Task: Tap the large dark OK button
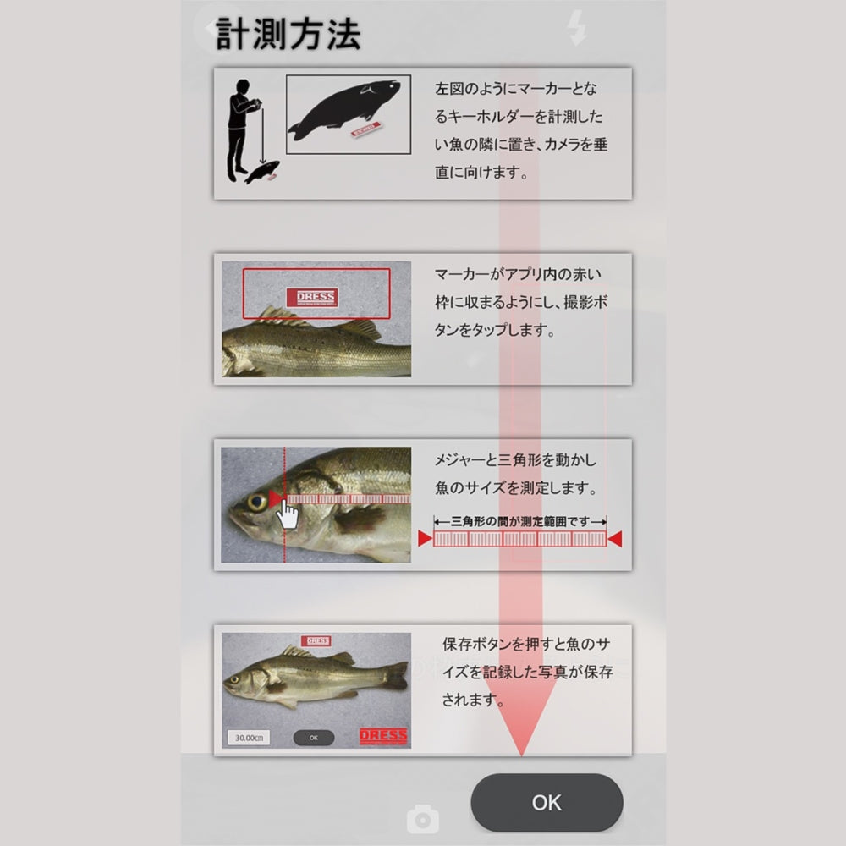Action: (547, 802)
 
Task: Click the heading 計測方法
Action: (288, 34)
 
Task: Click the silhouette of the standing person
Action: (241, 130)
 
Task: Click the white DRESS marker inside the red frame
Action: (312, 297)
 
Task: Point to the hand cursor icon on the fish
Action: (288, 514)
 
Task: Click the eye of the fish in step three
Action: (257, 502)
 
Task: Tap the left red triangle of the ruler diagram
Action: (426, 538)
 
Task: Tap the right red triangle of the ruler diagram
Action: (614, 538)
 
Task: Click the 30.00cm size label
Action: (249, 738)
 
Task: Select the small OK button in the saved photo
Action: (314, 738)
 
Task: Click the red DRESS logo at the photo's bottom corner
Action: (383, 736)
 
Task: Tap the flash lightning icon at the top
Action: (576, 28)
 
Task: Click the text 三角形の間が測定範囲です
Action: (520, 521)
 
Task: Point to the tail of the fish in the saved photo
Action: (397, 675)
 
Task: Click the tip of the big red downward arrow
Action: (522, 755)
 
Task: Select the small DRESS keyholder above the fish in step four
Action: (316, 641)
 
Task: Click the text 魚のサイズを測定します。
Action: (516, 488)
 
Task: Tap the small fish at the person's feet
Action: (263, 172)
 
